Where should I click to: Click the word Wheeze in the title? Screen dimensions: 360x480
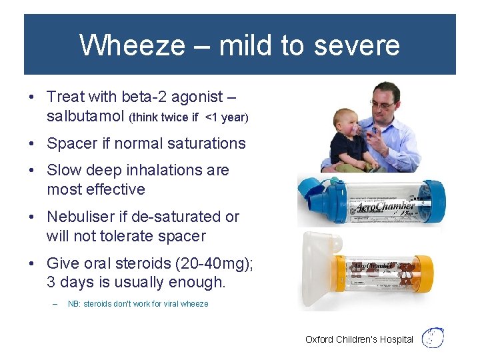pos(130,45)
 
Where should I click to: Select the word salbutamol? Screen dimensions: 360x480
pos(85,117)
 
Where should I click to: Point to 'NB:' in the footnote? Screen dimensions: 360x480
pos(75,304)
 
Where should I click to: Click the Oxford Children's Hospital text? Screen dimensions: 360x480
pos(359,339)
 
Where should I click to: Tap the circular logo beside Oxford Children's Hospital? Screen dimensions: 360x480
pos(433,338)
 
